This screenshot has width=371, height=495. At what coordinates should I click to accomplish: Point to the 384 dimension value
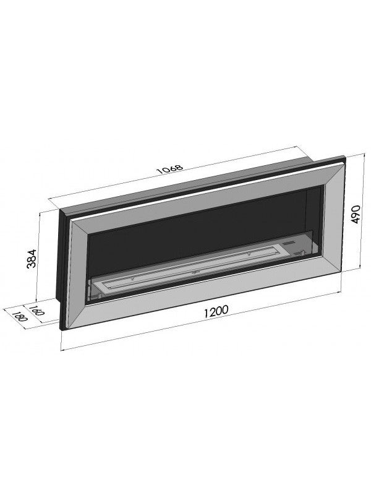coord(32,257)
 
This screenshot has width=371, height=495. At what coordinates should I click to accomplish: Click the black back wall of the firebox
coord(198,229)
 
